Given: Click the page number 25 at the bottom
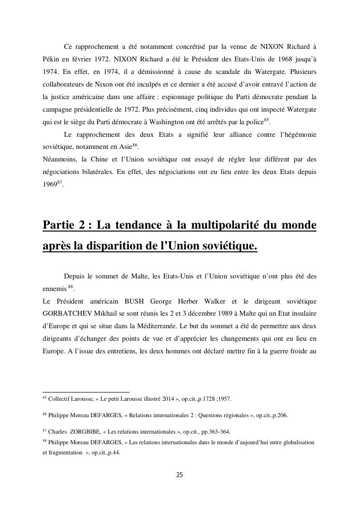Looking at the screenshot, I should (179, 475).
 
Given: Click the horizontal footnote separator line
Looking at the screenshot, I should (86, 392).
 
